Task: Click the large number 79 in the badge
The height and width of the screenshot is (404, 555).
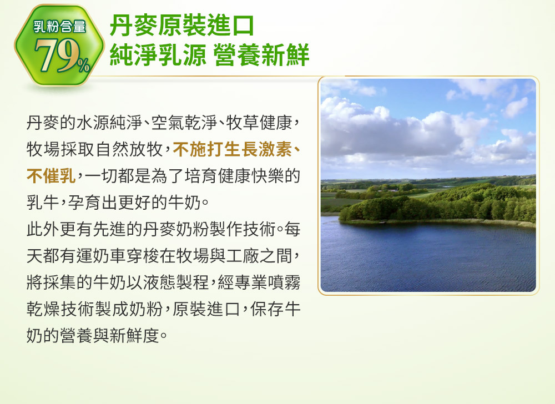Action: (x=56, y=55)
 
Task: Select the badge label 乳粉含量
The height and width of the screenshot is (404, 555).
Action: (x=59, y=27)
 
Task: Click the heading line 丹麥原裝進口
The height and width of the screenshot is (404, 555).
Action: (x=182, y=26)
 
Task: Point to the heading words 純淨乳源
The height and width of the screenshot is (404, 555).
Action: (x=158, y=55)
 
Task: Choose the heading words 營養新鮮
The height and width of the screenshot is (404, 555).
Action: (x=261, y=55)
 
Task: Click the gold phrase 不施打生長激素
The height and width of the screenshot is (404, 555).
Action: (x=233, y=149)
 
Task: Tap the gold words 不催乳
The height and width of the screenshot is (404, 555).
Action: (x=51, y=176)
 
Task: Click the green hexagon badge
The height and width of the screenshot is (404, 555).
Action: (x=59, y=46)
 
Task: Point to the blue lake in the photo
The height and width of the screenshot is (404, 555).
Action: (x=428, y=258)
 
